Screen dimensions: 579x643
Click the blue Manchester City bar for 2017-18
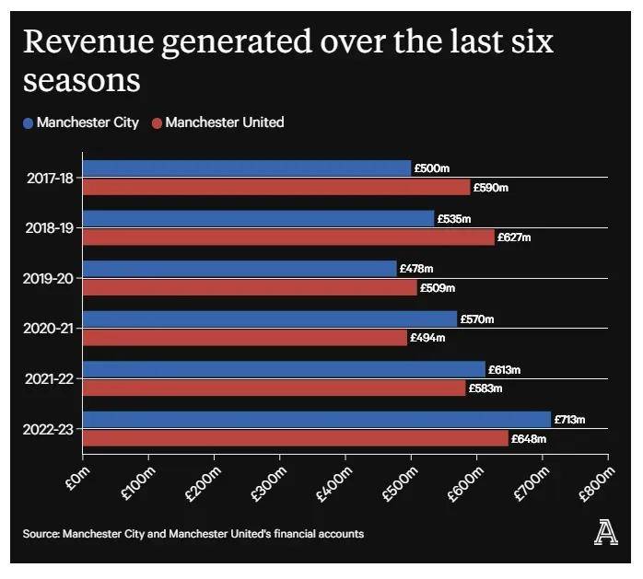coord(247,168)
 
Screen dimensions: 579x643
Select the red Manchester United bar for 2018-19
coord(288,237)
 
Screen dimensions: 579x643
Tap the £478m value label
coord(415,269)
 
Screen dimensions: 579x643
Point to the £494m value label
coord(427,338)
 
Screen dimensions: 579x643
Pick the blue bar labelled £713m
coord(317,420)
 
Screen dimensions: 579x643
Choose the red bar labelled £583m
coord(275,388)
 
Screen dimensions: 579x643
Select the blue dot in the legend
coord(28,122)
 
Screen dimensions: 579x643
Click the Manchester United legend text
coord(225,122)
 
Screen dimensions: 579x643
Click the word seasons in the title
coord(81,81)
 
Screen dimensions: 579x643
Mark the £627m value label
coord(515,237)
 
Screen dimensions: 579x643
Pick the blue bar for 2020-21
coord(270,318)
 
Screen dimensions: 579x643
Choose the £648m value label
coord(528,439)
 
